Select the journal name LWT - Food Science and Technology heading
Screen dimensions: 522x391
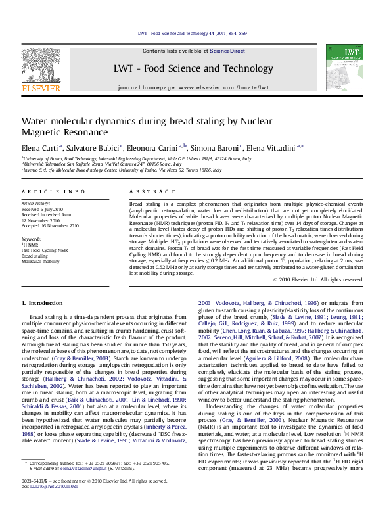click(x=193, y=68)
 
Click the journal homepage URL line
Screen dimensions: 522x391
click(x=193, y=87)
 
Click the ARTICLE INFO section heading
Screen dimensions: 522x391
click(x=54, y=191)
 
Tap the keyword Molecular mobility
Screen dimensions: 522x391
click(x=41, y=262)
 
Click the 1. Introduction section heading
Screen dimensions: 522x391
click(x=42, y=303)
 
